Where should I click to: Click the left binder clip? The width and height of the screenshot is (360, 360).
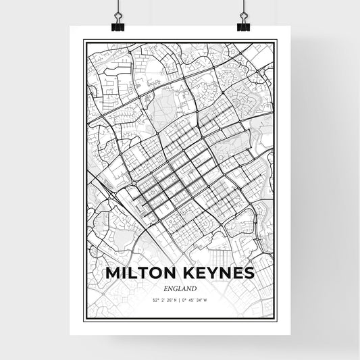click(x=119, y=22)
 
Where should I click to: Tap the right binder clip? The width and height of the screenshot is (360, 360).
click(x=242, y=22)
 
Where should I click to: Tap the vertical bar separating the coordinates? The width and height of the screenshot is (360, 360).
click(x=180, y=299)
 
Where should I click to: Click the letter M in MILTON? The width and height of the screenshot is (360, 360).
click(x=112, y=273)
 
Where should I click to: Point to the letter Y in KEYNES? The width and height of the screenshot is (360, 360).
click(x=215, y=273)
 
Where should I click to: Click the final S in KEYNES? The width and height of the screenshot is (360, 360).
click(x=249, y=273)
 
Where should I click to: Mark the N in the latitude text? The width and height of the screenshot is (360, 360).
click(x=175, y=299)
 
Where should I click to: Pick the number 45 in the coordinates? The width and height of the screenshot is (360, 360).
click(x=191, y=299)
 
